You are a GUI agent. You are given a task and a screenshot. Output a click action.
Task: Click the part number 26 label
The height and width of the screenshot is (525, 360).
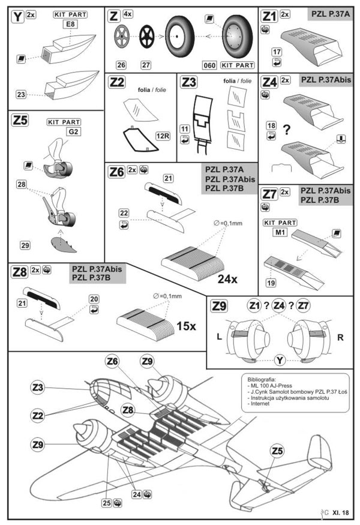[x=121, y=65]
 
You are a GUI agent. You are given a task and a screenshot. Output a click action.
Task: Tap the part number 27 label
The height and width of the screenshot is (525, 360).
[x=146, y=65]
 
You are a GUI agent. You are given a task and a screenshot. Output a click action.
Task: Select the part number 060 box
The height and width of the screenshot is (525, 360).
[x=209, y=65]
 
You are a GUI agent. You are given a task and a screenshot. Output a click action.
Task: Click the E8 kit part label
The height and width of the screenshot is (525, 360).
[x=70, y=24]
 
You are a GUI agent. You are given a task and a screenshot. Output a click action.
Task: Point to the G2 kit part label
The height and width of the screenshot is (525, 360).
[x=73, y=131]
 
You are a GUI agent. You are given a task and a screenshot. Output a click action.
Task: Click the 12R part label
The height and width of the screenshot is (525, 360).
[x=163, y=136]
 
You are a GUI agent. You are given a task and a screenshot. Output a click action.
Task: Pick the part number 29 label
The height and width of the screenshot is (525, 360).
[x=25, y=245]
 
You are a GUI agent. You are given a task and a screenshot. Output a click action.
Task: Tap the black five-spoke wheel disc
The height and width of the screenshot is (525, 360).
[x=146, y=36]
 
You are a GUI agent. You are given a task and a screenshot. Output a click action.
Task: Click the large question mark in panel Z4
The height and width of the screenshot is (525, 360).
[x=286, y=130]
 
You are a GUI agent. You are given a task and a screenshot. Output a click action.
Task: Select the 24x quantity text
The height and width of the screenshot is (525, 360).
[x=227, y=279]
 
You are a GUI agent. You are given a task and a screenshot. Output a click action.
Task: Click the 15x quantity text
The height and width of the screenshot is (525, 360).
[x=186, y=326]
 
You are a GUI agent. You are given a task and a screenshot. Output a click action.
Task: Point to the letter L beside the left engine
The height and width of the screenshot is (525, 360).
[x=220, y=337]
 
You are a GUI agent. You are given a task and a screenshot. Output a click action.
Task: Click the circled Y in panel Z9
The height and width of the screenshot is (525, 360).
[x=280, y=360]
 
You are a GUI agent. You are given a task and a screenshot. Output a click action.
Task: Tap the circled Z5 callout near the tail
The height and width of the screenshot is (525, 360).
[x=277, y=451]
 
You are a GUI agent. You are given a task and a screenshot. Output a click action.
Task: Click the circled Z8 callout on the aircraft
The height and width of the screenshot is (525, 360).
[x=128, y=410]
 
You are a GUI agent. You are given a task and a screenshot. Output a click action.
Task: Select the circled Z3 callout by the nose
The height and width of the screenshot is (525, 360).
[x=38, y=388]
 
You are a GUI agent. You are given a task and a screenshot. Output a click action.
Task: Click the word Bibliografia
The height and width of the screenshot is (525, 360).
[x=262, y=380]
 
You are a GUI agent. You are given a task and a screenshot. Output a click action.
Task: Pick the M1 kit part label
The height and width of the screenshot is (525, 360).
[x=280, y=232]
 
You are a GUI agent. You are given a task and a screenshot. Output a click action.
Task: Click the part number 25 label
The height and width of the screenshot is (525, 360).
[x=106, y=503]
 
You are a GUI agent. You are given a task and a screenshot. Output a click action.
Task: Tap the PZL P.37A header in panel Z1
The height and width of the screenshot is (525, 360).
[x=330, y=14]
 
